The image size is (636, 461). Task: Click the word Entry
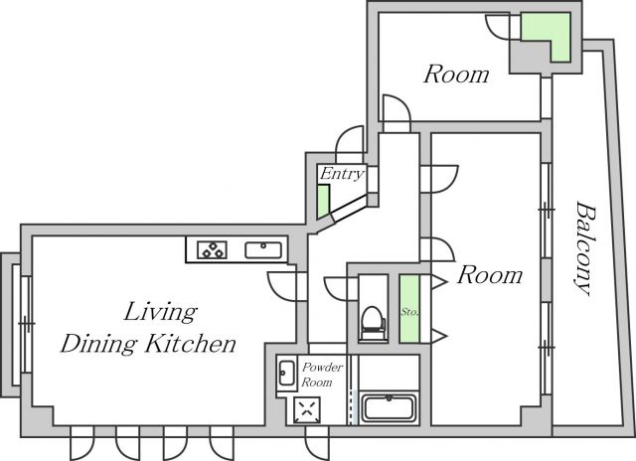click(x=342, y=174)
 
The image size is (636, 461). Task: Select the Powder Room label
click(x=322, y=375)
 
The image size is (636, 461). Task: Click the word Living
click(x=161, y=312)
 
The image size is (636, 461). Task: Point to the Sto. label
click(x=410, y=312)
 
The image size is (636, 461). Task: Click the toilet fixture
click(x=373, y=322)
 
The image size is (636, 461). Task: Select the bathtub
click(x=389, y=407)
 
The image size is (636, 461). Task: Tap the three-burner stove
click(x=212, y=249)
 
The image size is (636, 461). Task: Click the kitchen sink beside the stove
click(x=263, y=250)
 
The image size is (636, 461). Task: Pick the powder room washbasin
click(x=286, y=373)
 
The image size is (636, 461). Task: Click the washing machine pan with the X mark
click(x=307, y=410)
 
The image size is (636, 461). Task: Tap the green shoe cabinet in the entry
click(x=323, y=202)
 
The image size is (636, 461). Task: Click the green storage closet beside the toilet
click(x=409, y=309)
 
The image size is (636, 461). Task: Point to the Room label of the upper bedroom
click(x=456, y=75)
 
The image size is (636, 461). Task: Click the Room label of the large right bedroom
click(x=490, y=275)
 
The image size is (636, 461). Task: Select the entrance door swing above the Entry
click(x=350, y=140)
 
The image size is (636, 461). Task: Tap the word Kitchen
click(x=190, y=344)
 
